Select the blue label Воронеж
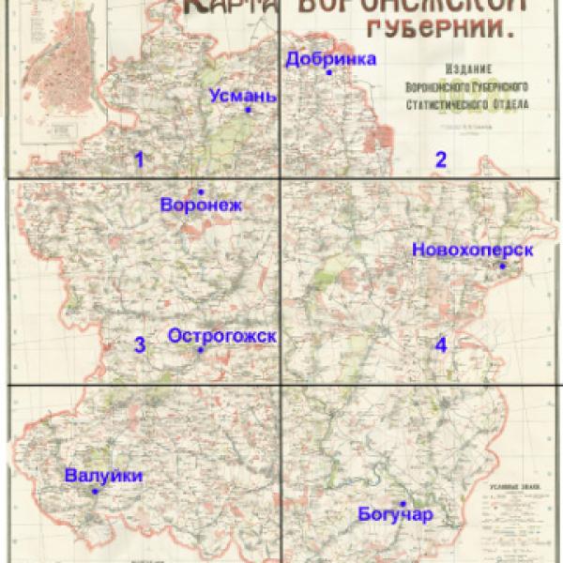tap(201, 205)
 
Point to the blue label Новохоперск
tap(472, 250)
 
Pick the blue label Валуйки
tap(104, 476)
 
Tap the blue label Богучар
tap(395, 514)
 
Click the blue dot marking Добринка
tap(329, 72)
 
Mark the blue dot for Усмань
tap(249, 110)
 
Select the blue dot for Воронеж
tap(201, 191)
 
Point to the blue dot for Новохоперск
tap(502, 266)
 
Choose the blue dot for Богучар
tap(403, 503)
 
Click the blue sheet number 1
tap(140, 159)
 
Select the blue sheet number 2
tap(440, 159)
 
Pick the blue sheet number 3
tap(140, 344)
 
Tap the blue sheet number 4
tap(440, 344)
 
